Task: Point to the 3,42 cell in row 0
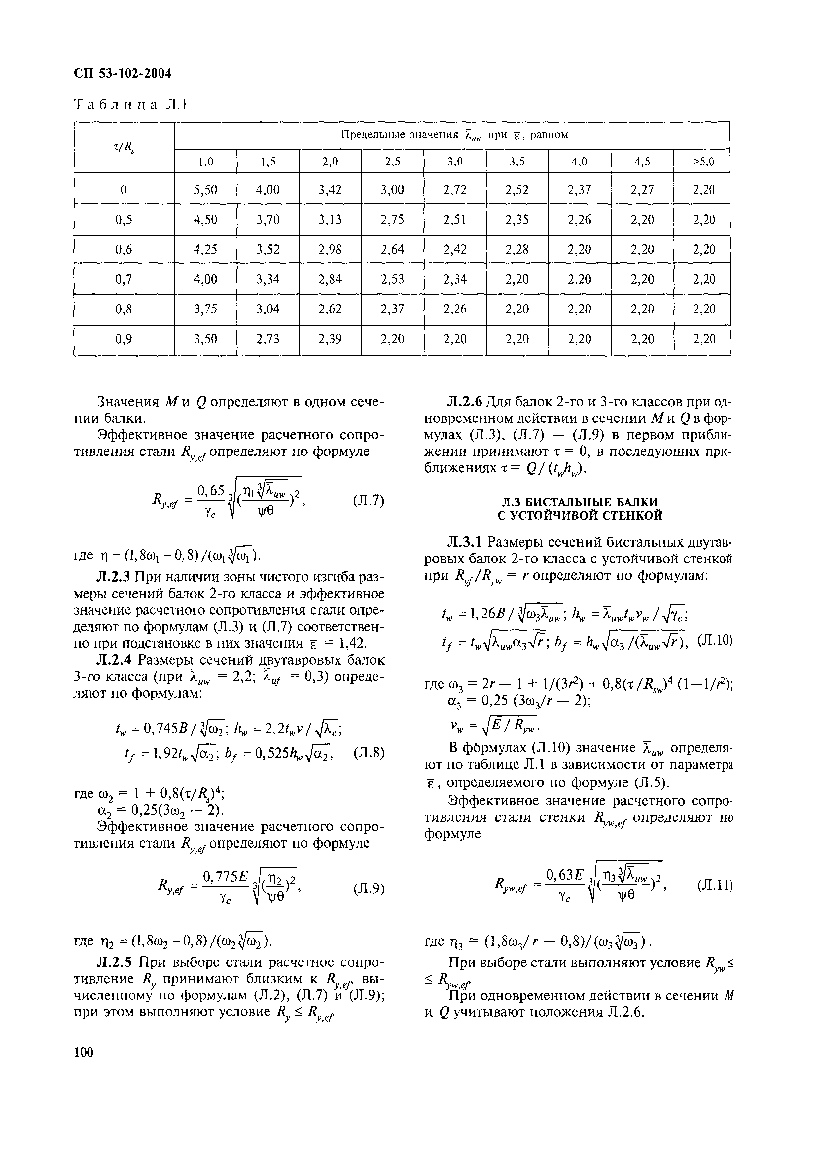[330, 190]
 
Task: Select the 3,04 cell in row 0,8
[267, 308]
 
